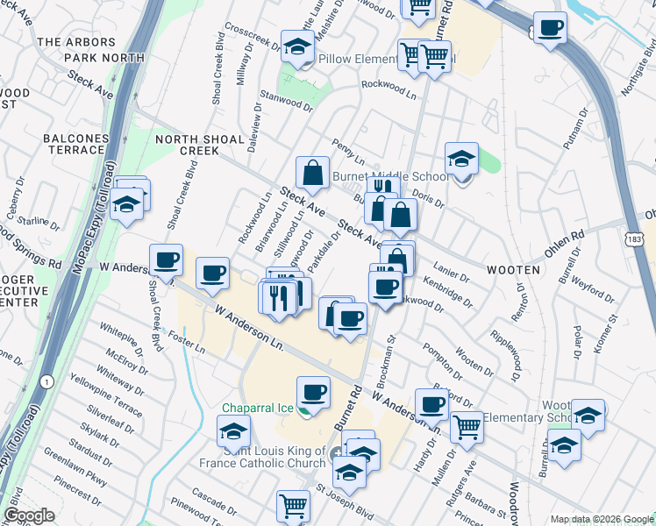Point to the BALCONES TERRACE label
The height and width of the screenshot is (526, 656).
pyautogui.click(x=75, y=144)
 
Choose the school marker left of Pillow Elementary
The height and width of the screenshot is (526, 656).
pyautogui.click(x=297, y=47)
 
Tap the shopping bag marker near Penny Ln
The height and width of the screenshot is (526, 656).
pyautogui.click(x=312, y=174)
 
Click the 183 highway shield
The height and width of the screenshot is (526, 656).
pyautogui.click(x=636, y=239)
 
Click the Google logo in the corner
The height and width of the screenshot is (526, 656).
pyautogui.click(x=30, y=515)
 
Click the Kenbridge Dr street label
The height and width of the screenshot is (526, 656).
pyautogui.click(x=446, y=293)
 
